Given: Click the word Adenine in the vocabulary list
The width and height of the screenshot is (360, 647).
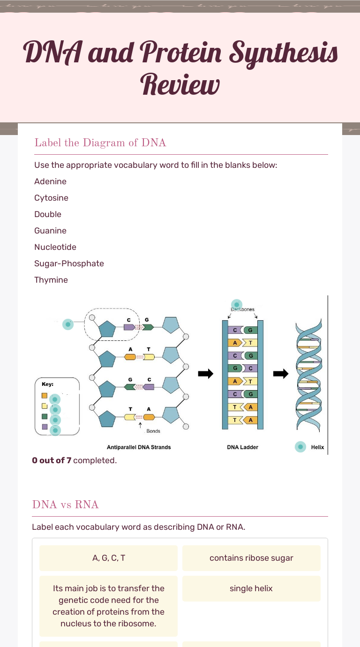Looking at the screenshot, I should pos(50,181).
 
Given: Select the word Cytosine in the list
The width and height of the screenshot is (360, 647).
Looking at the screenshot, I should pos(51,198).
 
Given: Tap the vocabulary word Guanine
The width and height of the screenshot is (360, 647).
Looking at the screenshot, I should pos(50,231).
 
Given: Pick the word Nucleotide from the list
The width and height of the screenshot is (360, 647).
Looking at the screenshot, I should pos(55,247).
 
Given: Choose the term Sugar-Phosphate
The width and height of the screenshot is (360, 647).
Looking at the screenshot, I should pos(69,263).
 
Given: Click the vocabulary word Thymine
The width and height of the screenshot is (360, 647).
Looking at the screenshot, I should pos(51,280).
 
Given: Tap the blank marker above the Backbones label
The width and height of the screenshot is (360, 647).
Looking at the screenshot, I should pos(237,305).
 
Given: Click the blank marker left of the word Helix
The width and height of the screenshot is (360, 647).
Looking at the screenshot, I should pos(300,447).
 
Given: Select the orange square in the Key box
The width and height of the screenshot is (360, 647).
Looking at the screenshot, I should pos(45,395).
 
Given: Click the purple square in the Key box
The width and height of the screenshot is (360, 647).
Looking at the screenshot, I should pos(45,427).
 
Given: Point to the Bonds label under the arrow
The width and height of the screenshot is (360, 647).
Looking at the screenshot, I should pos(153,431).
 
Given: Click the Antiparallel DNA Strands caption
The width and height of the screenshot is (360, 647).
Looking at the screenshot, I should pos(139,447).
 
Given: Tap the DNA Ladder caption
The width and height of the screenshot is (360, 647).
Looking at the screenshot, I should pos(242,447).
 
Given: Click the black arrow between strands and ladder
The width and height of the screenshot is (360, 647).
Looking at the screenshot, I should pos(205,373).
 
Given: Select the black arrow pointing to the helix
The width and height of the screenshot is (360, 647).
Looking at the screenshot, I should pos(281,373).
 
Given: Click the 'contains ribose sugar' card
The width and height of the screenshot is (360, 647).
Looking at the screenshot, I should pos(251,558).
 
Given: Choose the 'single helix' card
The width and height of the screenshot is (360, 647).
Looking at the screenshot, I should pos(251,588).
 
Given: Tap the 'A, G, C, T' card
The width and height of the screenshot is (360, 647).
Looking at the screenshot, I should pos(109,558).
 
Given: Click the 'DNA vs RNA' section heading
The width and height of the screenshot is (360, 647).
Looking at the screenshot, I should pos(65,504).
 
